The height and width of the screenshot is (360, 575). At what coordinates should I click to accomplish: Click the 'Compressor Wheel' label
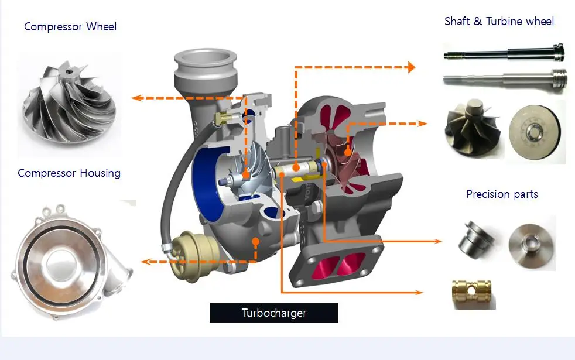click(70, 27)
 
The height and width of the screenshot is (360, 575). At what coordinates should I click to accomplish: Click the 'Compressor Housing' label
click(69, 173)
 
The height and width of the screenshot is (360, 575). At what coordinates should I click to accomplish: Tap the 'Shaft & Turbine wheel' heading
click(499, 22)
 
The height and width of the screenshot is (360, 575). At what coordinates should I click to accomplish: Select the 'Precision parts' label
click(502, 194)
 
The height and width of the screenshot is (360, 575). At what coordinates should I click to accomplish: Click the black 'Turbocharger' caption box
click(273, 313)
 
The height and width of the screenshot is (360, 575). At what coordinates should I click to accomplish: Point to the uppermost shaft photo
click(502, 54)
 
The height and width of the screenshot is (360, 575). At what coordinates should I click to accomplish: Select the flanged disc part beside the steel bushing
click(529, 241)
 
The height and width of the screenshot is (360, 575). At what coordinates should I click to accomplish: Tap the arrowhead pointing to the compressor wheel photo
click(136, 98)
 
